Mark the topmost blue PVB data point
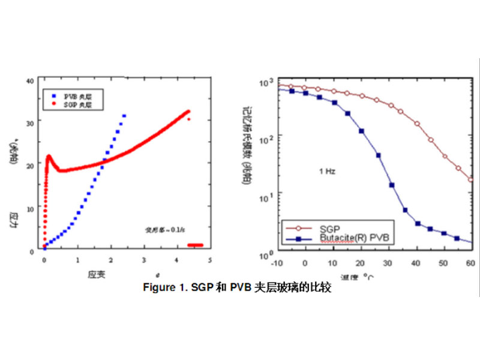point(124,115)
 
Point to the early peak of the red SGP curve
point(49,157)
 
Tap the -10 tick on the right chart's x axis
point(278,263)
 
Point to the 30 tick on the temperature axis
point(388,263)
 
